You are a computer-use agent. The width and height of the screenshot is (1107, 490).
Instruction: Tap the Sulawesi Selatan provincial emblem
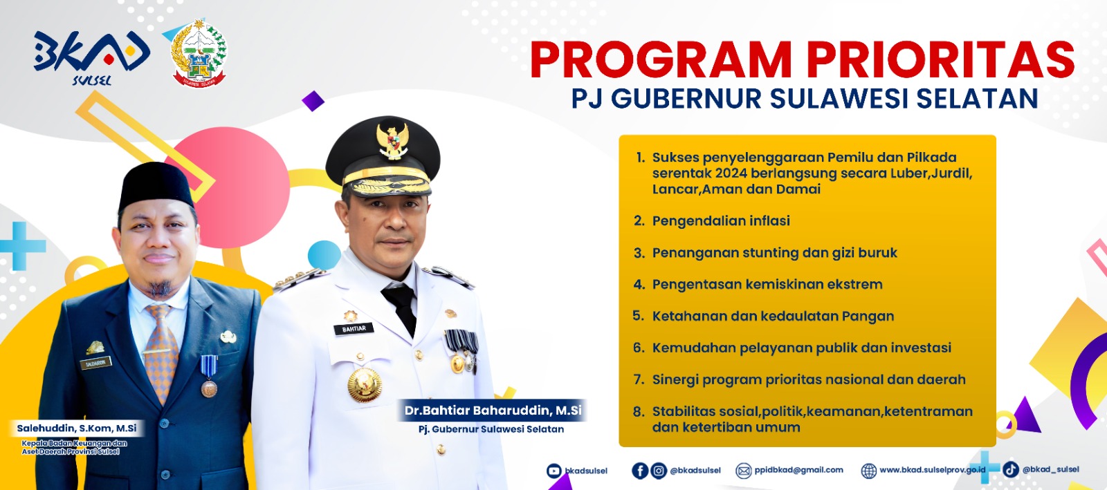pos(199,54)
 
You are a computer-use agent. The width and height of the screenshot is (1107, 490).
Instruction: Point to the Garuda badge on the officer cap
pos(392,140)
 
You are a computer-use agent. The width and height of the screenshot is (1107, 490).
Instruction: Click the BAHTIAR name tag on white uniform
pos(354,329)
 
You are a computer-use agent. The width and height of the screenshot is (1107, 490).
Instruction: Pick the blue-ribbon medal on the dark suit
pos(208,376)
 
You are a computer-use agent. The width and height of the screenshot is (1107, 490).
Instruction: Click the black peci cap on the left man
pos(156,185)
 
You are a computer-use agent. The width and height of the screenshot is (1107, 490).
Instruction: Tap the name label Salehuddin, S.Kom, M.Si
pos(77,428)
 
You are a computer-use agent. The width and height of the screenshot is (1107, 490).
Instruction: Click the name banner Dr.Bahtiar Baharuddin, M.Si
pos(492,410)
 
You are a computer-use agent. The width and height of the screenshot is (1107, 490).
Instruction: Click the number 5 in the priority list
pos(638,316)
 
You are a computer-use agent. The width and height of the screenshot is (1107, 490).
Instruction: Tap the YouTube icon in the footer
pos(553,471)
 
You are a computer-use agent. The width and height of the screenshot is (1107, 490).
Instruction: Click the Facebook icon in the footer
pos(639,471)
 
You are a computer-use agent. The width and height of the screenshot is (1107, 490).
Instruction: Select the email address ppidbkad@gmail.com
pos(798,470)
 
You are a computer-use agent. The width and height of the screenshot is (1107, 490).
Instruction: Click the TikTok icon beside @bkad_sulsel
pos(1011,469)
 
